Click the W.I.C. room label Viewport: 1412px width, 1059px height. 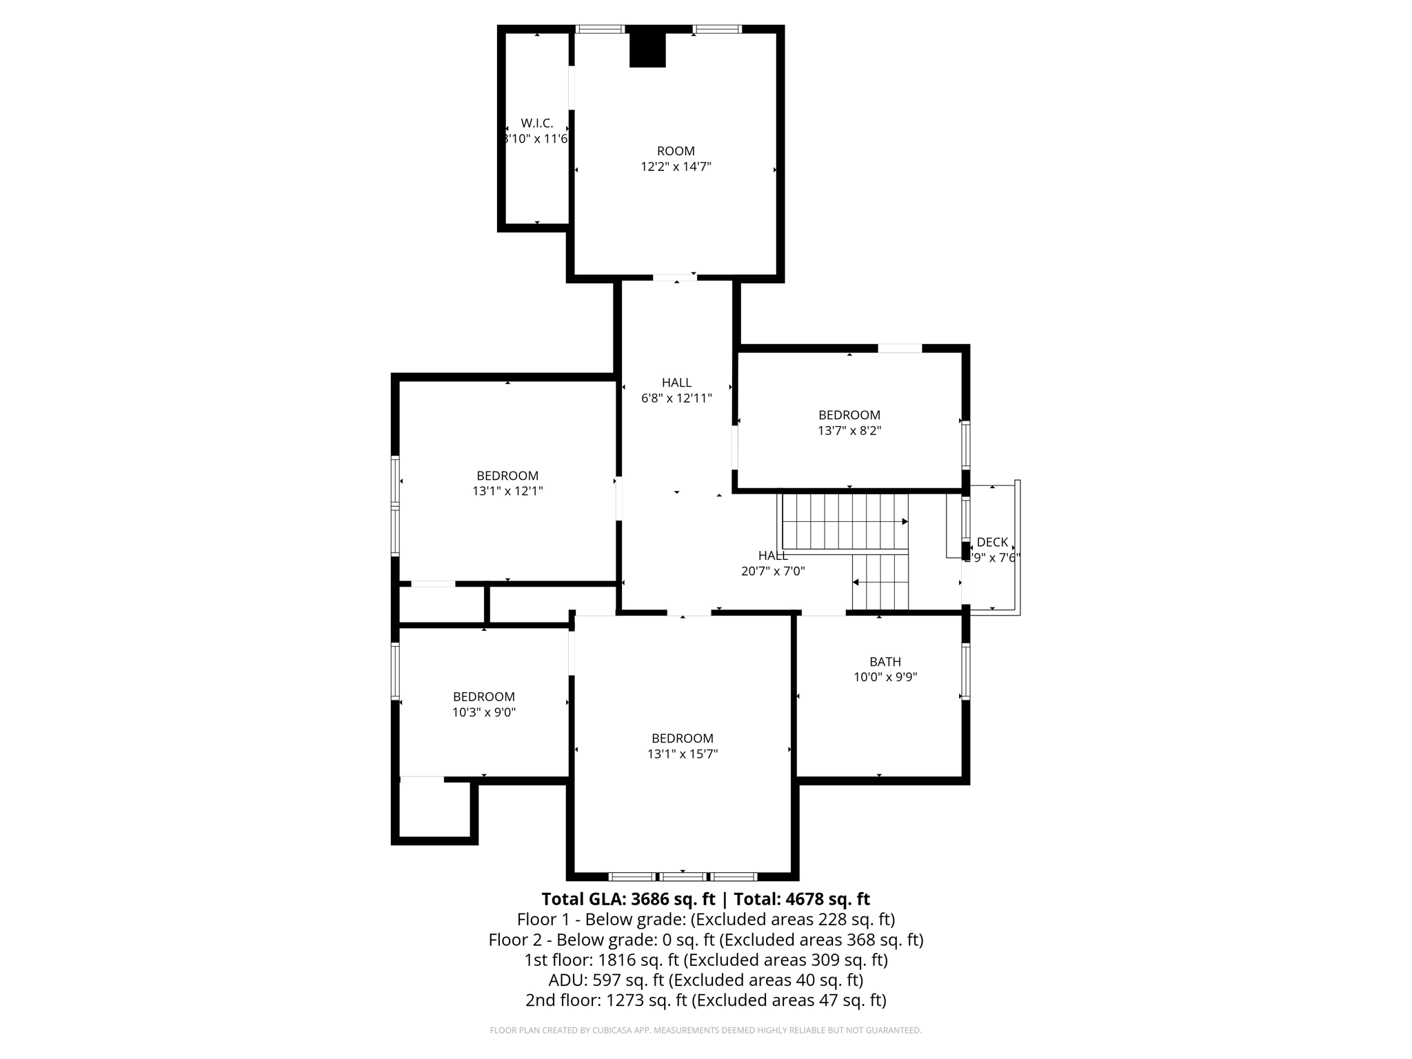click(536, 123)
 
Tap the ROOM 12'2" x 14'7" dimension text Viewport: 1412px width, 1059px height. click(676, 167)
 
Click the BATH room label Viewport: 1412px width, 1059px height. click(885, 662)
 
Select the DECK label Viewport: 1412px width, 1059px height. click(992, 543)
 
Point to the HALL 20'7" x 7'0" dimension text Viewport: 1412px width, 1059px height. click(773, 572)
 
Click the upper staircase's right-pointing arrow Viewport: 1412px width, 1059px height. click(905, 522)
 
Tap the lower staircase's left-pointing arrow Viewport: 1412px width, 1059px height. click(856, 583)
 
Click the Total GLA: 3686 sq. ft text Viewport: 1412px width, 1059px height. click(630, 899)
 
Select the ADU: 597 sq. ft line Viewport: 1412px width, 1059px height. click(705, 980)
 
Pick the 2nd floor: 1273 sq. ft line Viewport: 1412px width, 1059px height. click(705, 1000)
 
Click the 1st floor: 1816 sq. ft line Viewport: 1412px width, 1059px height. click(705, 960)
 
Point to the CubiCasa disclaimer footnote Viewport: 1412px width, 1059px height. click(705, 1031)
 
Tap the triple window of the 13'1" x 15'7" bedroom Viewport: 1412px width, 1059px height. click(683, 877)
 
